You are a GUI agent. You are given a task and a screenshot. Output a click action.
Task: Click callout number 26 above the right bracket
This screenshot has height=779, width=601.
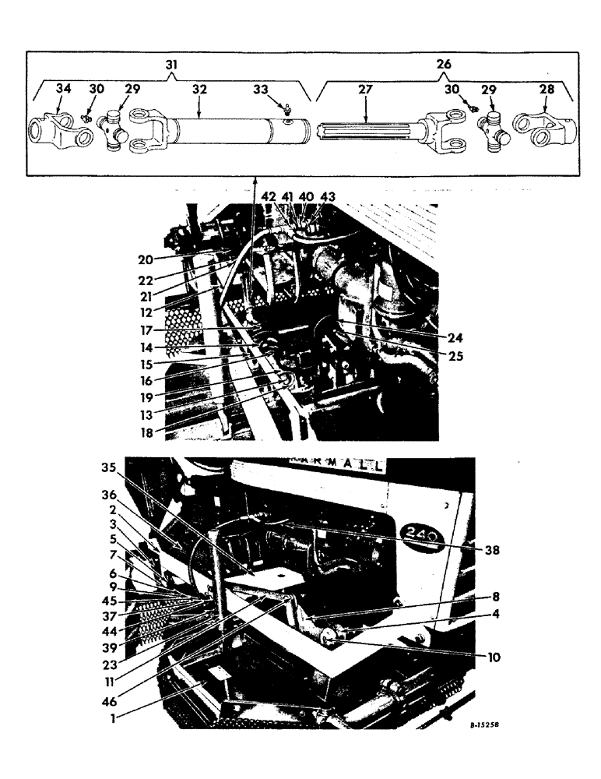tap(445, 65)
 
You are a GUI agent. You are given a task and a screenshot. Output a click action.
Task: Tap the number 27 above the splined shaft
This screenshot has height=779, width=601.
tap(364, 90)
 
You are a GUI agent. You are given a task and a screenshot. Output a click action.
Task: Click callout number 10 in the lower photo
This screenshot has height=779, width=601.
tap(493, 657)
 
